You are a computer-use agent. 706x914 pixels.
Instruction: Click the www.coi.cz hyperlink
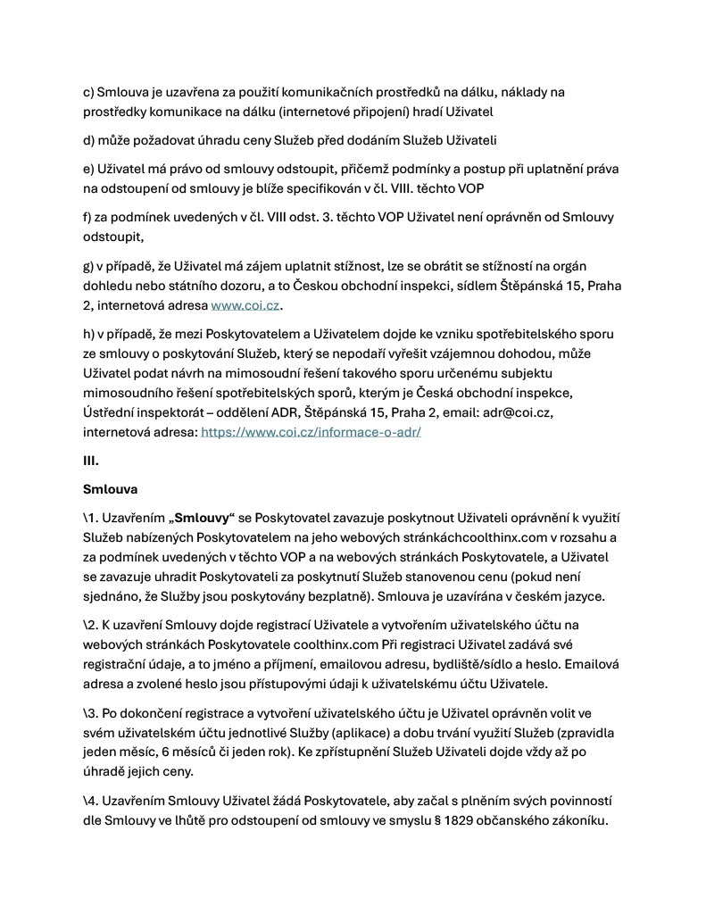click(245, 305)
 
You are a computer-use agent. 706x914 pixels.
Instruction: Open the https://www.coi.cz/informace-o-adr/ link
click(311, 431)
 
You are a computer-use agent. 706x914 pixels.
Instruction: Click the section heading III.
click(90, 461)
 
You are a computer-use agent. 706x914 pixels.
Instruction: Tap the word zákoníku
click(577, 822)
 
